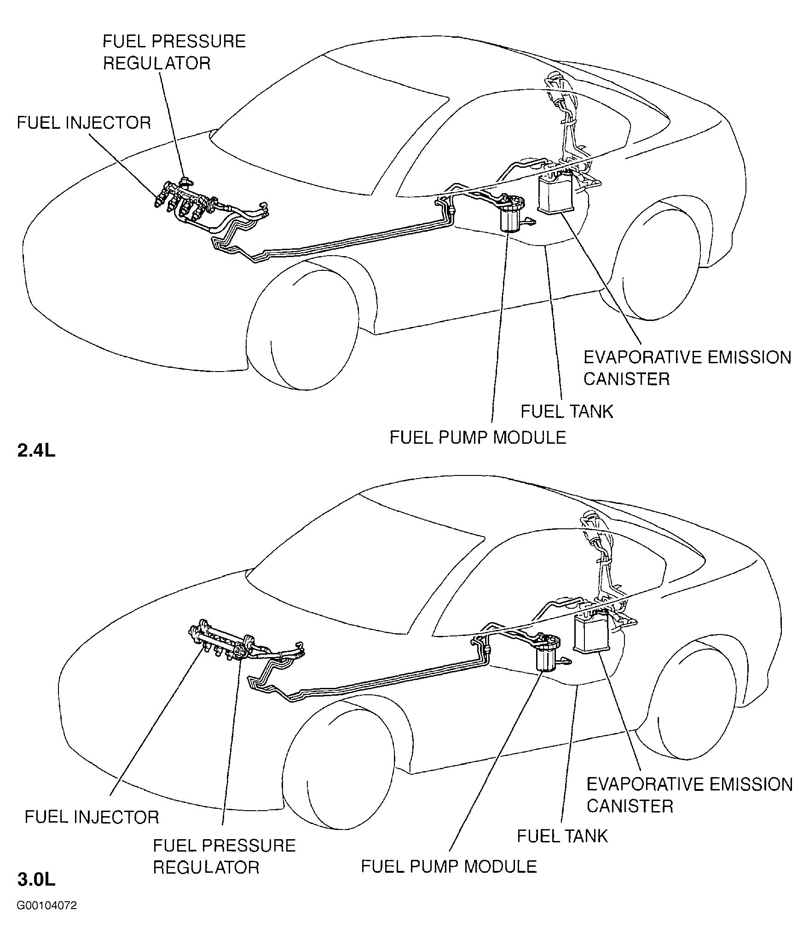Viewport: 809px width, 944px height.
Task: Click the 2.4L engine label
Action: pos(36,451)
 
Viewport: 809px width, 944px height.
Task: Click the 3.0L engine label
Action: pos(36,880)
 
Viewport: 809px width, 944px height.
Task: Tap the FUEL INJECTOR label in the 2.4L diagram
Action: pos(84,123)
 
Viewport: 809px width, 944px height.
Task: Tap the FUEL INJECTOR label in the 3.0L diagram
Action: pos(92,817)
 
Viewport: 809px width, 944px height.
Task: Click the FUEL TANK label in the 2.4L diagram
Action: pos(567,411)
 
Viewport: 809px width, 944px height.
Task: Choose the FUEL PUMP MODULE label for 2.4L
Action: pos(478,437)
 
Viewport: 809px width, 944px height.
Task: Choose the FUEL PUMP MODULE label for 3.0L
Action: pos(449,866)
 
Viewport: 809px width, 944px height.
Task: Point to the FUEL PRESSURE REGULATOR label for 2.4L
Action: pos(174,52)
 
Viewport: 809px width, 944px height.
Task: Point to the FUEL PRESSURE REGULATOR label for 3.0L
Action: pos(224,857)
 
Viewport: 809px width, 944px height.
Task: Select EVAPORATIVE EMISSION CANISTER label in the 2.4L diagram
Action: pos(688,368)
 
